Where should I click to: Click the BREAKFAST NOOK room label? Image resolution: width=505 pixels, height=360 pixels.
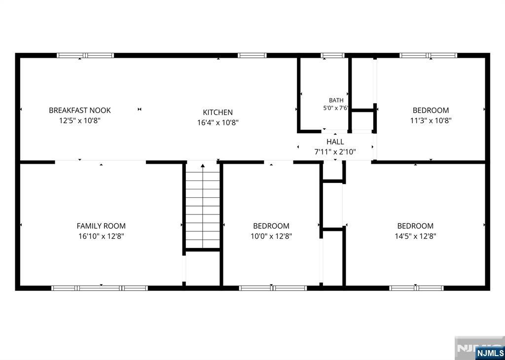79,110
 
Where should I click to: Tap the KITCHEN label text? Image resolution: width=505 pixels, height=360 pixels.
217,112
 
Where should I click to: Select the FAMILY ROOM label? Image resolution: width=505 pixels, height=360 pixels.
101,226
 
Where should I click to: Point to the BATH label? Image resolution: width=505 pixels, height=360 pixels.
336,101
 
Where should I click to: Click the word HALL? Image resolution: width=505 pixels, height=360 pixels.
335,142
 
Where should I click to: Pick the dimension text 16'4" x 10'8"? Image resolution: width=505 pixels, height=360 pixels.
217,123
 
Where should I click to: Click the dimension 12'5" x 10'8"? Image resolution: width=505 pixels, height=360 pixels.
79,121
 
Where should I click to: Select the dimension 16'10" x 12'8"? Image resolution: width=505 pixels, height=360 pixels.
101,236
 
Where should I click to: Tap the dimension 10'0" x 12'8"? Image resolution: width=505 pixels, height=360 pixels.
271,236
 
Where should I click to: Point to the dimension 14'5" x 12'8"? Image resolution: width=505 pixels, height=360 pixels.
415,236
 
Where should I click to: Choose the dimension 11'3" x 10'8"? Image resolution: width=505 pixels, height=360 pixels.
431,121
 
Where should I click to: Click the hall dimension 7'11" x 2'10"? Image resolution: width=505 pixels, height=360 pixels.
335,152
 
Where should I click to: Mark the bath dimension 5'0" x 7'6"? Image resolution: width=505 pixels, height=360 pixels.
336,108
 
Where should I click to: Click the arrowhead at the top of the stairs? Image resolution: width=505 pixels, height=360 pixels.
203,166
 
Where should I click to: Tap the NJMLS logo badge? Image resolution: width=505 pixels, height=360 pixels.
488,352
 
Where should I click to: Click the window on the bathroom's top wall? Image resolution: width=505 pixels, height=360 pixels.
333,55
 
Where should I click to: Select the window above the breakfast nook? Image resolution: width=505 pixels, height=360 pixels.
85,55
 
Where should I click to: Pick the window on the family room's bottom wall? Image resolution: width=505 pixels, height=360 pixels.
100,288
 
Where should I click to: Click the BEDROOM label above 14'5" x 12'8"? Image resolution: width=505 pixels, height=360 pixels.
415,226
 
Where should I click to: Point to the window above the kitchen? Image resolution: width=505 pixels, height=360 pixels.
252,55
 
